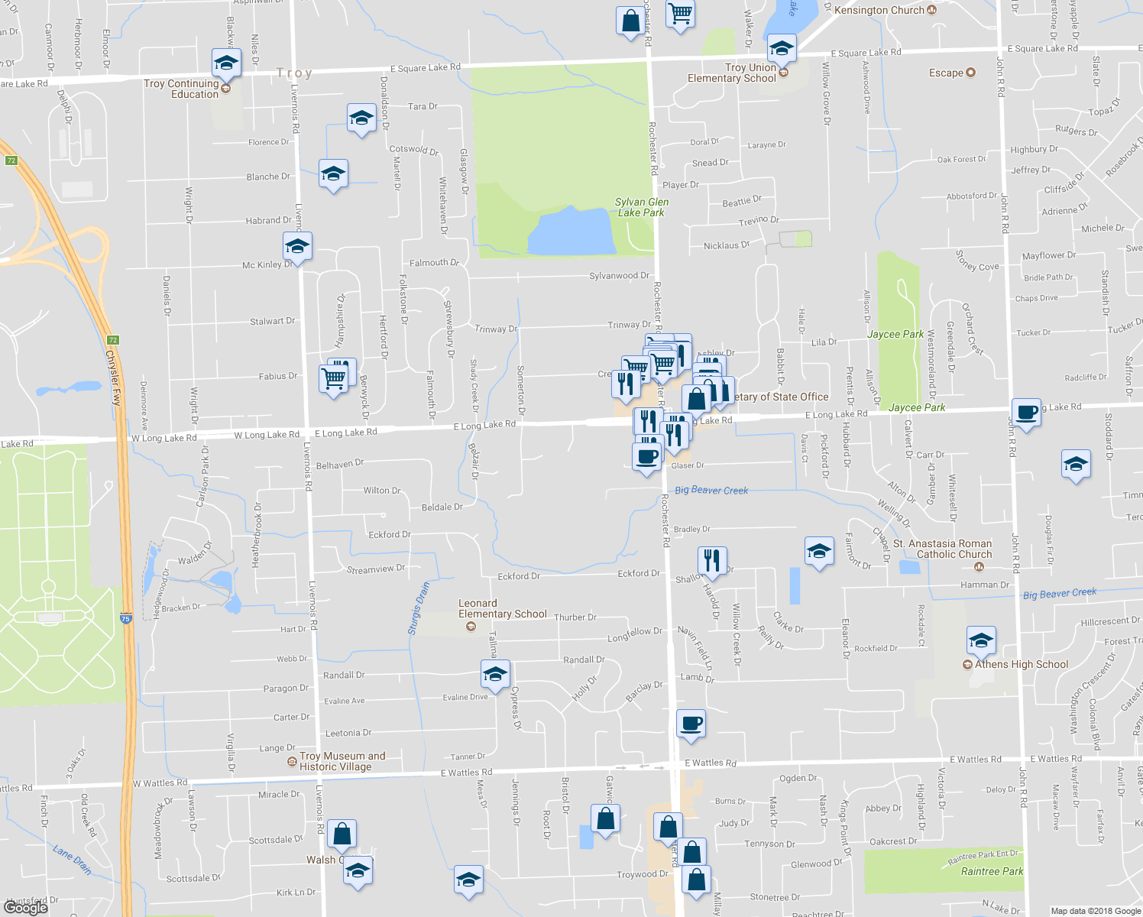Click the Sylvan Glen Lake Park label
point(641,207)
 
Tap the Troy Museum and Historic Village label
point(342,761)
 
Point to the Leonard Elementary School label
point(502,608)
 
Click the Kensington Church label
point(879,11)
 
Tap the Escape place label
point(946,73)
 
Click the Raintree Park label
point(992,871)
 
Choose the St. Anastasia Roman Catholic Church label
point(943,549)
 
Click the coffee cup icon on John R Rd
point(1026,413)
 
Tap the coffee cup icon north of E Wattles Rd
point(691,724)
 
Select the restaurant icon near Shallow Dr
point(711,561)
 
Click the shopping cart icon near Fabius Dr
point(333,378)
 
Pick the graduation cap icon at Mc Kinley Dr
point(296,247)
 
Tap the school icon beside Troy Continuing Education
point(226,63)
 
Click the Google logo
point(26,907)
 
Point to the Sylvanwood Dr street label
point(619,276)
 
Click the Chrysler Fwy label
point(113,378)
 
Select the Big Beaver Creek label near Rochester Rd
point(711,491)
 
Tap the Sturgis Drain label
point(418,609)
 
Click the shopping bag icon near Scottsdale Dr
point(342,834)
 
